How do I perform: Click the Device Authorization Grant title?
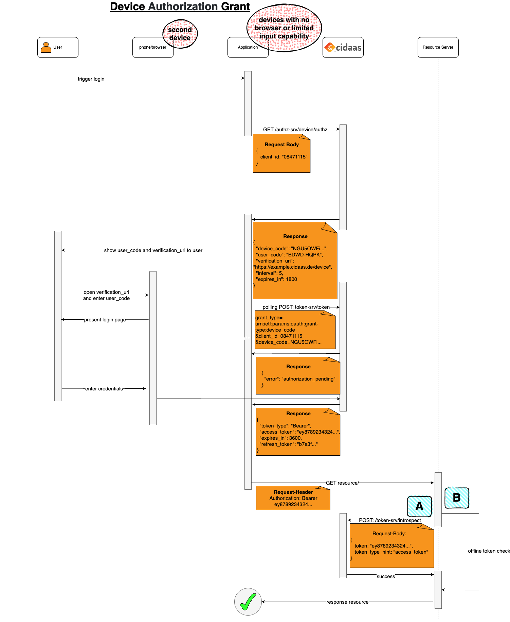click(180, 6)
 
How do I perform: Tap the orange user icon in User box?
click(46, 47)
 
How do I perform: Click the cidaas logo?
click(343, 47)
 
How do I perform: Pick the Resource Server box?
click(438, 47)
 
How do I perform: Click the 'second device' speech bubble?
click(180, 34)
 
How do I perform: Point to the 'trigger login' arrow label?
click(91, 79)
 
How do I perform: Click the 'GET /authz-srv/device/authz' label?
click(295, 130)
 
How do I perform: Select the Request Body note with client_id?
click(281, 153)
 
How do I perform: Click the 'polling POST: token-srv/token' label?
click(296, 307)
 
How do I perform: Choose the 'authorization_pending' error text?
click(308, 379)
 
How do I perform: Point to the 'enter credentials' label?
click(104, 389)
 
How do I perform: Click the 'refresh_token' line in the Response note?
click(288, 444)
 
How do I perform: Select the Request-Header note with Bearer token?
click(293, 498)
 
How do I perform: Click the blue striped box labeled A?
click(419, 506)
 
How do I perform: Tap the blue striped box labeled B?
click(457, 498)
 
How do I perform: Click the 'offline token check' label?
click(489, 551)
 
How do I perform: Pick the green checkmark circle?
click(248, 602)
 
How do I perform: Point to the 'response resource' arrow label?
click(347, 602)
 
